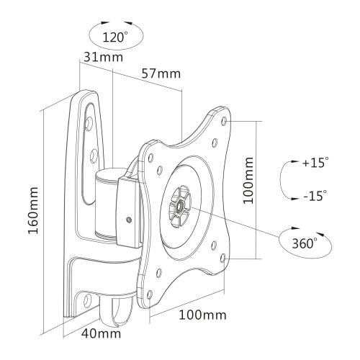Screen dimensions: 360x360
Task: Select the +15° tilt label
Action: point(314,163)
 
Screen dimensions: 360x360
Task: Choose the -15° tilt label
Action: point(315,195)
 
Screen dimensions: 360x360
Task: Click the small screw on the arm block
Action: point(129,220)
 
